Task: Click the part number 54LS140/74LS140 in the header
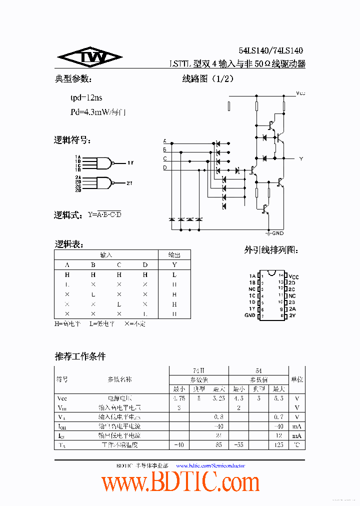pyautogui.click(x=270, y=50)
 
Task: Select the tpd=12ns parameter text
pyautogui.click(x=86, y=97)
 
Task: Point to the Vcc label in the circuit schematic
pyautogui.click(x=300, y=93)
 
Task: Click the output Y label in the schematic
pyautogui.click(x=301, y=158)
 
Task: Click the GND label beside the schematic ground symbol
pyautogui.click(x=277, y=233)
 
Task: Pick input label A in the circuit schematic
pyautogui.click(x=165, y=141)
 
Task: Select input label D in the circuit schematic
pyautogui.click(x=165, y=168)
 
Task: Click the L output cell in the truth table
pyautogui.click(x=174, y=275)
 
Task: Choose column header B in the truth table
pyautogui.click(x=93, y=265)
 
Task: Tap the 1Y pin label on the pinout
pyautogui.click(x=252, y=309)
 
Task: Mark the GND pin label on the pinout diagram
pyautogui.click(x=250, y=315)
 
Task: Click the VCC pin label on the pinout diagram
pyautogui.click(x=293, y=276)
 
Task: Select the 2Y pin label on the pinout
pyautogui.click(x=291, y=315)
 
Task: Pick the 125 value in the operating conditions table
pyautogui.click(x=278, y=444)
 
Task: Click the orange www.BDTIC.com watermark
pyautogui.click(x=180, y=483)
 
